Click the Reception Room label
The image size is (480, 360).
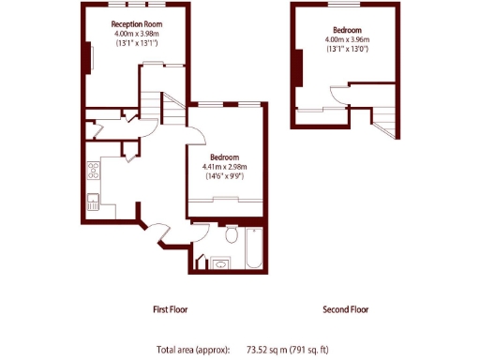(137, 23)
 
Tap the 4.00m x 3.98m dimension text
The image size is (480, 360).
(137, 34)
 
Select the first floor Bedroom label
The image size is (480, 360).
(225, 157)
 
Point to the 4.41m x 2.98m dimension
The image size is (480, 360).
(225, 167)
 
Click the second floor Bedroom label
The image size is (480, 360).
(347, 29)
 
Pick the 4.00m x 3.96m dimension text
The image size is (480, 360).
(347, 39)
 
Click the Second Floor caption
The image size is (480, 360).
(345, 308)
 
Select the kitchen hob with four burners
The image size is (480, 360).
(93, 171)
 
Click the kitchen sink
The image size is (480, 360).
(93, 199)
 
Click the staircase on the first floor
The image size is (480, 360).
(157, 110)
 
